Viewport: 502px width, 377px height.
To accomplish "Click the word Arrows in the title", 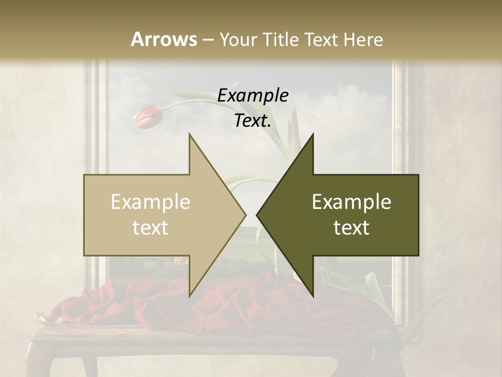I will point(164,39).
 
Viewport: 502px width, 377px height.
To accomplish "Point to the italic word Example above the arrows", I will point(253,96).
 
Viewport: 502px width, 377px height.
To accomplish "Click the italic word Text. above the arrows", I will point(253,120).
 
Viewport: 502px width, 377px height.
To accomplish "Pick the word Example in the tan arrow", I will point(150,202).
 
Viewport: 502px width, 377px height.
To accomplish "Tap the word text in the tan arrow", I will point(150,228).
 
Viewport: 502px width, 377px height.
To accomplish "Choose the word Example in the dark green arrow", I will point(351,202).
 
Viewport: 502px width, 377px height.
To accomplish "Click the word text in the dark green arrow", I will point(351,228).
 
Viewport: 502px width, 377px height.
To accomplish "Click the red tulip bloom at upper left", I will point(148,116).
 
